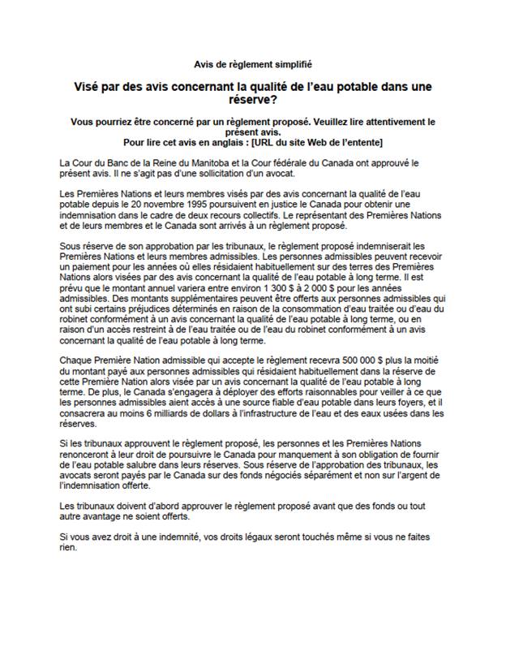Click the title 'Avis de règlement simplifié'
tap(252, 63)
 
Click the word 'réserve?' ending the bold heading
tap(252, 99)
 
